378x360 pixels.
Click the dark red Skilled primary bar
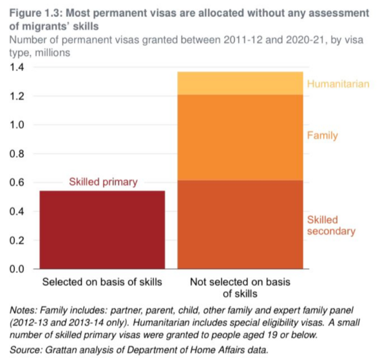pyautogui.click(x=102, y=229)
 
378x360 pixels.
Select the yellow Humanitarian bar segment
pyautogui.click(x=239, y=83)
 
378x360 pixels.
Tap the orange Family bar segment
pyautogui.click(x=239, y=138)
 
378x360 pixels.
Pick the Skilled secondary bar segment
pyautogui.click(x=239, y=224)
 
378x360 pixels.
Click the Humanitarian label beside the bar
pyautogui.click(x=338, y=84)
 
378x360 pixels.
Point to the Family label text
pyautogui.click(x=322, y=136)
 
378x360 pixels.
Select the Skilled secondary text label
pyautogui.click(x=331, y=225)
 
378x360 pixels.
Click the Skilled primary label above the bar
pyautogui.click(x=103, y=182)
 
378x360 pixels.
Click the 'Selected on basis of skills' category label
pyautogui.click(x=102, y=282)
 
